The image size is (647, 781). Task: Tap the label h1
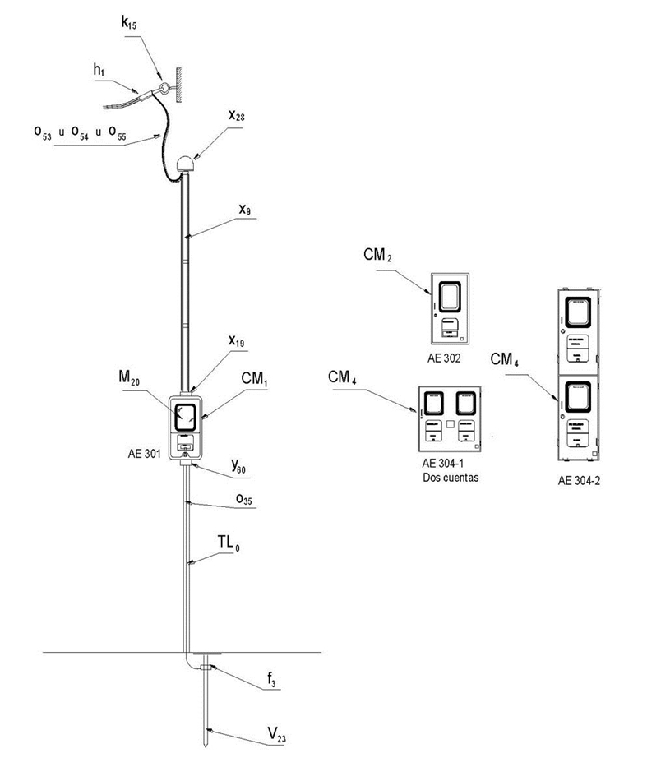point(99,70)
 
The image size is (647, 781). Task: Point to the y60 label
point(238,469)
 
